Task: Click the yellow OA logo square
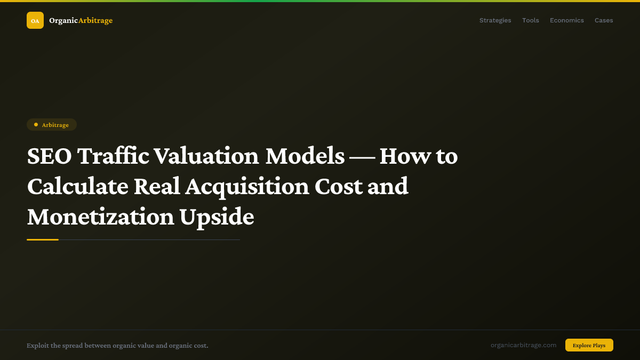pyautogui.click(x=35, y=20)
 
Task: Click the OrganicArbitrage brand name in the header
pyautogui.click(x=81, y=20)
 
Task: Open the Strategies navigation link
pyautogui.click(x=495, y=20)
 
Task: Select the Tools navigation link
pyautogui.click(x=530, y=20)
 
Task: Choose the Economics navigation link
pyautogui.click(x=567, y=20)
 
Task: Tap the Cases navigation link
pyautogui.click(x=604, y=20)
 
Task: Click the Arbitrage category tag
pyautogui.click(x=52, y=125)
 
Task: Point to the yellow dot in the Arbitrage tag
pyautogui.click(x=36, y=124)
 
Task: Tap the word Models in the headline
pyautogui.click(x=305, y=156)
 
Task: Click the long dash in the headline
pyautogui.click(x=362, y=156)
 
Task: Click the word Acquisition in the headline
pyautogui.click(x=247, y=187)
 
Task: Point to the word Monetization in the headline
pyautogui.click(x=100, y=217)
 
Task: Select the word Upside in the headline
pyautogui.click(x=217, y=217)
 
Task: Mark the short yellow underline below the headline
pyautogui.click(x=43, y=239)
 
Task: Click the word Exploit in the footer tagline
pyautogui.click(x=37, y=346)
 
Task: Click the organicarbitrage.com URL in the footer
pyautogui.click(x=523, y=345)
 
